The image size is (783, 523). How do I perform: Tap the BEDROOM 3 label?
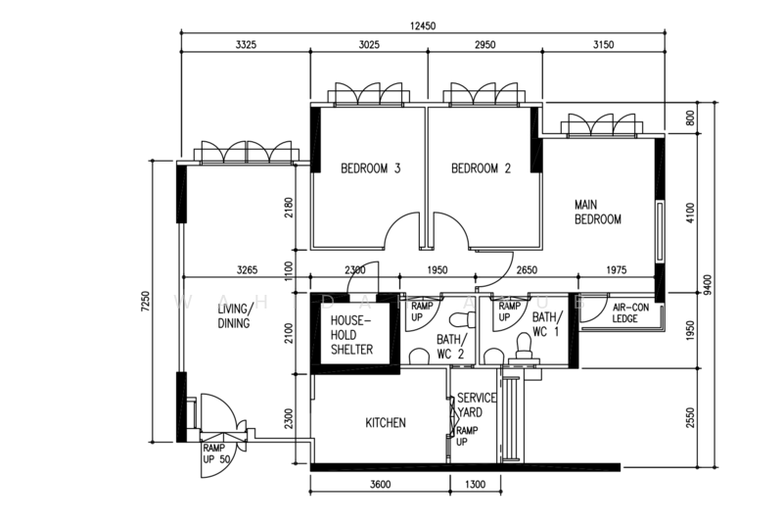click(x=370, y=168)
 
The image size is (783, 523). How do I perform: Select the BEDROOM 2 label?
click(x=481, y=168)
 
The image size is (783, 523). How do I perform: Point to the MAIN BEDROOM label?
click(x=598, y=213)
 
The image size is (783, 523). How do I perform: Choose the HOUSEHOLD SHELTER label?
click(x=351, y=335)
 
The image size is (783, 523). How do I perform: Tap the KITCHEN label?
click(x=386, y=423)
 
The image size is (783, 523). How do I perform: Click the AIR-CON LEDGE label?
click(x=631, y=313)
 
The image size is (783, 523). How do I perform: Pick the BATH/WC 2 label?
click(x=450, y=347)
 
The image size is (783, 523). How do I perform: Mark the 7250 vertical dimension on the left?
click(x=145, y=301)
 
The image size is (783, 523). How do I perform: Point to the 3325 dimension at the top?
click(x=247, y=45)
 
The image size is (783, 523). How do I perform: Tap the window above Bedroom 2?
click(x=481, y=95)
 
